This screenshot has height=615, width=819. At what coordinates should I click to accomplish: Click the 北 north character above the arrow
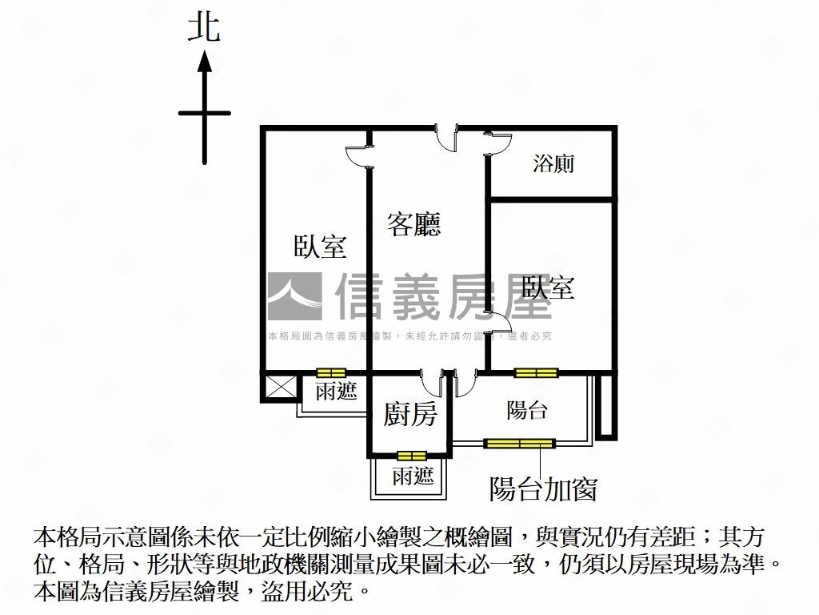(x=204, y=28)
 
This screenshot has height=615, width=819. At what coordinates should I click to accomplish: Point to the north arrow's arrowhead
(x=204, y=61)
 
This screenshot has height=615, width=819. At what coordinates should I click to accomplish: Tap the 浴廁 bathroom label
(x=553, y=163)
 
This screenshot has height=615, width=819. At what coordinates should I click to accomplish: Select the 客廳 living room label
(x=413, y=224)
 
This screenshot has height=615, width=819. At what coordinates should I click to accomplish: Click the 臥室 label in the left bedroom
(x=320, y=246)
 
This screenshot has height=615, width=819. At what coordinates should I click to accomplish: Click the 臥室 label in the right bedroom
(x=548, y=287)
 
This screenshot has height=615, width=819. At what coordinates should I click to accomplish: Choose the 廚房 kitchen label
(x=410, y=415)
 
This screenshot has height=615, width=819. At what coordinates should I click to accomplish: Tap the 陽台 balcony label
(x=526, y=410)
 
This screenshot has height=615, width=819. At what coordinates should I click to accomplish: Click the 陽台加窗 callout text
(x=543, y=489)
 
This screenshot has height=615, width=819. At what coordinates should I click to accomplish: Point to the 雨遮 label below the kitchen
(x=413, y=476)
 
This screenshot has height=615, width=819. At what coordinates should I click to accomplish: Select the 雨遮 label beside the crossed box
(x=336, y=391)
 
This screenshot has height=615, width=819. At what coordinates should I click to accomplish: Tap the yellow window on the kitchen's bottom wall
(x=412, y=456)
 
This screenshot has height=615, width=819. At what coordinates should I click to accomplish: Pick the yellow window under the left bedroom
(x=331, y=373)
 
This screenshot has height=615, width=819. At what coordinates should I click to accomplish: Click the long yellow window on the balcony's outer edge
(x=519, y=444)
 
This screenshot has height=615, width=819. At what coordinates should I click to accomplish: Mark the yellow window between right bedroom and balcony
(x=536, y=373)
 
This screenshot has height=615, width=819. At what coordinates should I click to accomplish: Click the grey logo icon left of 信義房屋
(x=294, y=296)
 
